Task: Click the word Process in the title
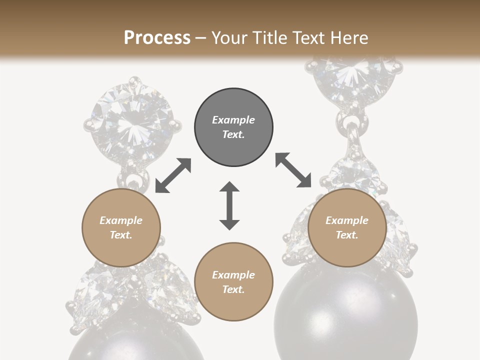point(157,38)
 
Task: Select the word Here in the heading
point(349,38)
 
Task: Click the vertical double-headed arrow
point(229,206)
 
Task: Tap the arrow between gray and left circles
point(173,175)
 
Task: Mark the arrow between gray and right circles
point(293,170)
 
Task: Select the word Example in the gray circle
point(233,120)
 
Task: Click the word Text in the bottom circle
point(233,289)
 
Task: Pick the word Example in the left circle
point(121,220)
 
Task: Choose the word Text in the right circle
point(347,235)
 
